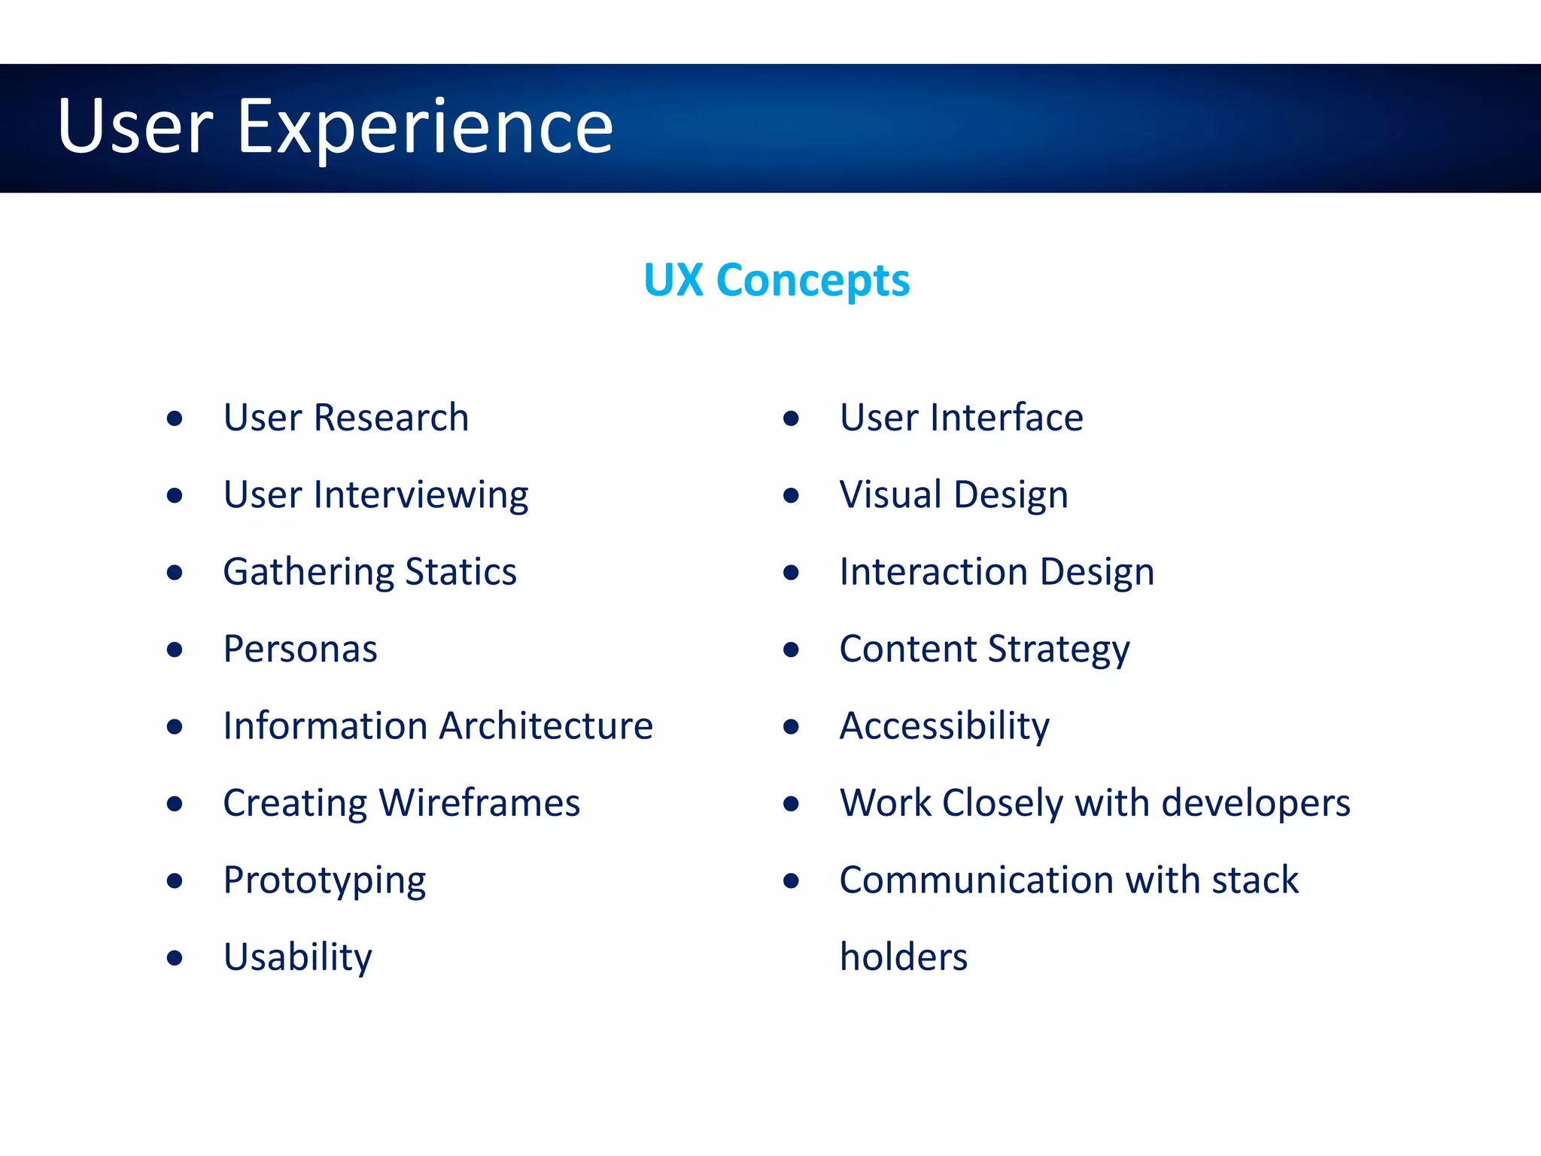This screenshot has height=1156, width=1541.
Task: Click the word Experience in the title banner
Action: [x=425, y=128]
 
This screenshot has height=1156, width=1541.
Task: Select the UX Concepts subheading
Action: [x=777, y=281]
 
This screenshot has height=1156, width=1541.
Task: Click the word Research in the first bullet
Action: [x=391, y=418]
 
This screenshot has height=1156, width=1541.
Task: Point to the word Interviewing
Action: [x=421, y=496]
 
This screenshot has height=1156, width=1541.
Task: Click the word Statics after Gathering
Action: [x=460, y=572]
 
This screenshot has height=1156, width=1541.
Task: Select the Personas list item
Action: [x=300, y=649]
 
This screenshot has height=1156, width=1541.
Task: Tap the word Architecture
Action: [x=546, y=726]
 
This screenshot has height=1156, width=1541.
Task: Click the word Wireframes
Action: [x=479, y=803]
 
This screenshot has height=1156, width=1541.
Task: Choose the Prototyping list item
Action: [x=324, y=881]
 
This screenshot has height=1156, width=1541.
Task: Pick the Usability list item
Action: [x=298, y=957]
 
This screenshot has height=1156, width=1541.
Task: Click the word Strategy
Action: [x=1059, y=649]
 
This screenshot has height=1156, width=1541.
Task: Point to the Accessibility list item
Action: [x=944, y=727]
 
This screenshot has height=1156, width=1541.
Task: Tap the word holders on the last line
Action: [x=904, y=957]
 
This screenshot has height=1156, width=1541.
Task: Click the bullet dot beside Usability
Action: [x=175, y=958]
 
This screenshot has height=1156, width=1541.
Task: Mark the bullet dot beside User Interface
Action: [x=791, y=418]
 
